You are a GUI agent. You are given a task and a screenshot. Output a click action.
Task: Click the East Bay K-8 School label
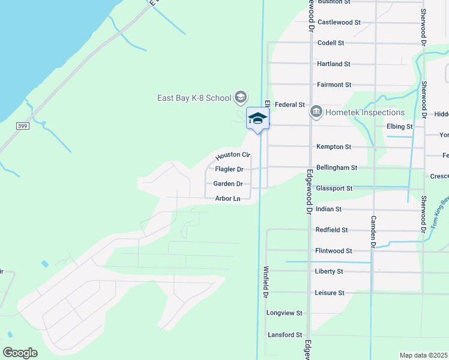tap(194, 98)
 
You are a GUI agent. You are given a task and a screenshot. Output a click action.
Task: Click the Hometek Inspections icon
tap(316, 112)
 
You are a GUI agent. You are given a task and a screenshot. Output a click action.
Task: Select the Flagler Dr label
tap(229, 170)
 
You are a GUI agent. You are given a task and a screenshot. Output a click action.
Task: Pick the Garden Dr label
tap(229, 184)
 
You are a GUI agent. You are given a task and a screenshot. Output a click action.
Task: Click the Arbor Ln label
tap(228, 199)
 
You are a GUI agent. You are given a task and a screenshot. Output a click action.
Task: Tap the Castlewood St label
tap(339, 22)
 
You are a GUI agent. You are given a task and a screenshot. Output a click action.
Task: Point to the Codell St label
tap(331, 43)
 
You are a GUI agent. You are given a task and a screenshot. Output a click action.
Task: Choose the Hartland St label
tap(333, 64)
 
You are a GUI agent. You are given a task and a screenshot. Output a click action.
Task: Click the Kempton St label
tap(333, 147)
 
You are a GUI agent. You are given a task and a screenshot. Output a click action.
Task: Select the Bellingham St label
tap(337, 168)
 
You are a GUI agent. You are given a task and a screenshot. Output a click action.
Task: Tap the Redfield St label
tap(332, 230)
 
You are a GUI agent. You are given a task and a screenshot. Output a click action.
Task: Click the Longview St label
tap(284, 313)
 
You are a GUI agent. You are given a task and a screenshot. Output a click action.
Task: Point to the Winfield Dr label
tap(265, 283)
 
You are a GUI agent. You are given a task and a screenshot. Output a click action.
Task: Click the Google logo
tap(20, 353)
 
